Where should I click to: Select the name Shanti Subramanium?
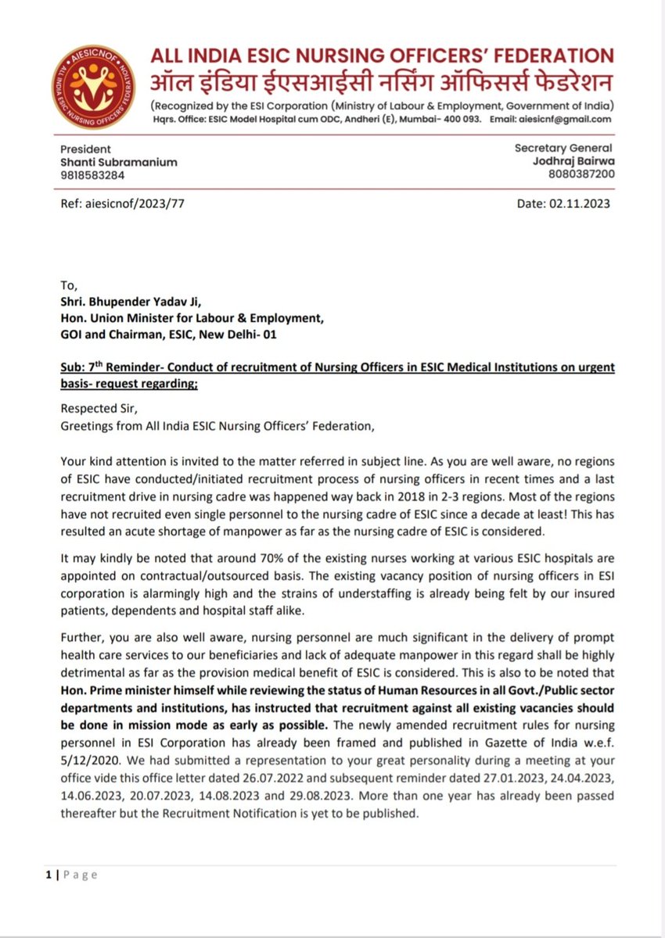[119, 162]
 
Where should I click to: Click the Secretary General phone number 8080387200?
[581, 175]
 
